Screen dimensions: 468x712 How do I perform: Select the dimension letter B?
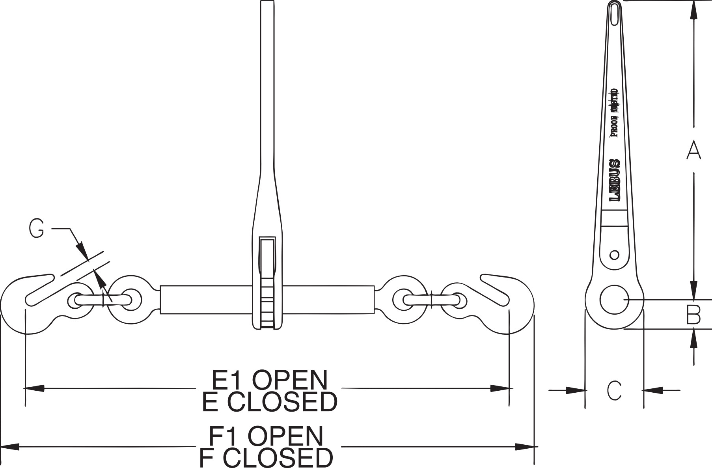[693, 315]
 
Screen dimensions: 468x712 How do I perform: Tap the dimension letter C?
[614, 391]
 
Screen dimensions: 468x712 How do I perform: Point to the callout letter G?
[36, 229]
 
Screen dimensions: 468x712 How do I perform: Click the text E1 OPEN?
[270, 380]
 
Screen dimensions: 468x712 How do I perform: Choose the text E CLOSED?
[270, 402]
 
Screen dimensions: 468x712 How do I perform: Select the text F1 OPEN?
[266, 436]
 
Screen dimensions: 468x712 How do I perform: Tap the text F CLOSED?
[266, 457]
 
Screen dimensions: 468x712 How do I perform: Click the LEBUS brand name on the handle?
[615, 181]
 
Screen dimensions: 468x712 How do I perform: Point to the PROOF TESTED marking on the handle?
[614, 113]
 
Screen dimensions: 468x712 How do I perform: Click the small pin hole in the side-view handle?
[614, 255]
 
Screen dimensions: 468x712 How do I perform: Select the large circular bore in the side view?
[614, 299]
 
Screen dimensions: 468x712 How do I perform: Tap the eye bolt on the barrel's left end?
[132, 300]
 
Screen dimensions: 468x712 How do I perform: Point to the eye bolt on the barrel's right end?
[402, 300]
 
